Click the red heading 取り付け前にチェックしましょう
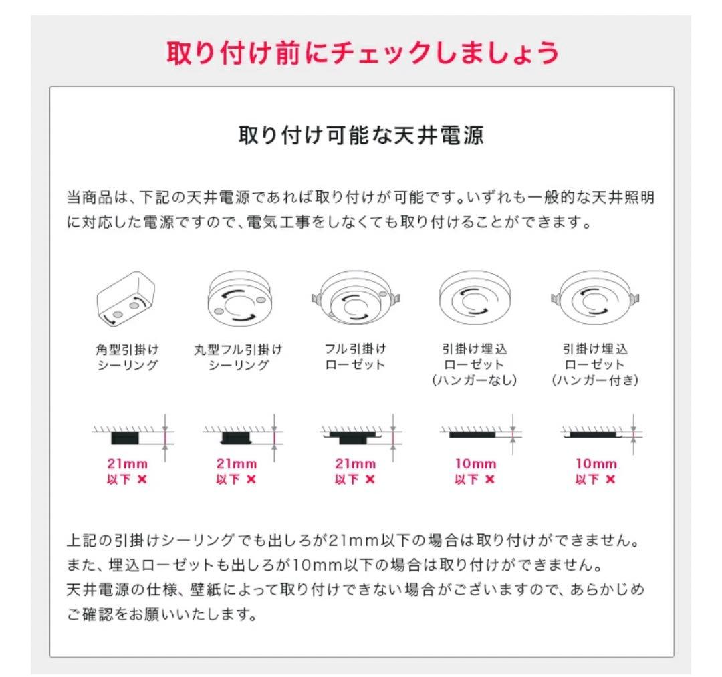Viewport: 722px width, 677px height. pos(362,54)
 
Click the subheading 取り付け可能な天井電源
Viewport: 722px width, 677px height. pos(362,136)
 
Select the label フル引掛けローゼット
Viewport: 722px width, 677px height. pos(355,357)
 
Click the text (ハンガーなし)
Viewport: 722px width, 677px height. pos(475,380)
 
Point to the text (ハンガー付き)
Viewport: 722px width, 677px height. pos(595,380)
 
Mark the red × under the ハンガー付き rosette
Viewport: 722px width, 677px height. pos(610,479)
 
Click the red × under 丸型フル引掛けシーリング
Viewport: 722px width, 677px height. pos(251,479)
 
